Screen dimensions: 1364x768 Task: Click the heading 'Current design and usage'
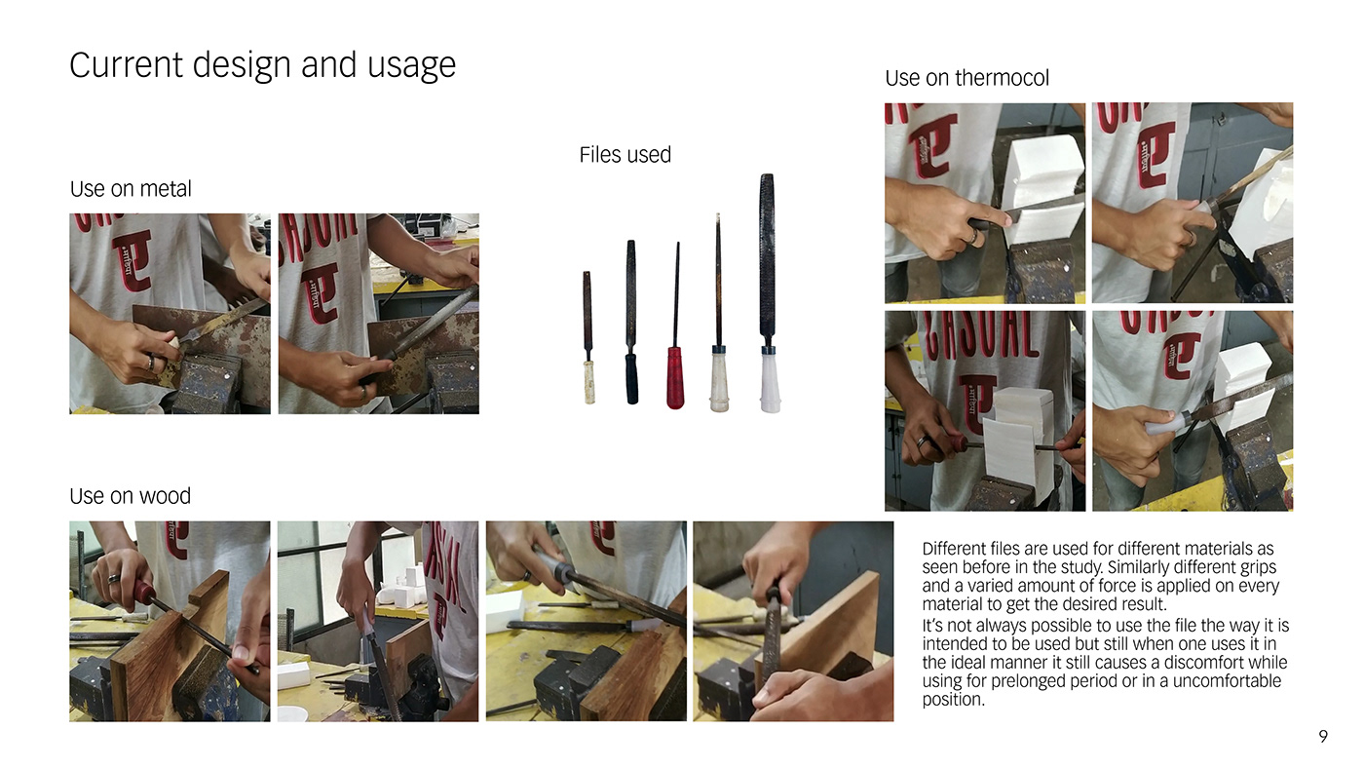pos(262,65)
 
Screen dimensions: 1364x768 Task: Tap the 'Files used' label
pos(625,155)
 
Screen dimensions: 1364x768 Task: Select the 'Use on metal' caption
pos(131,189)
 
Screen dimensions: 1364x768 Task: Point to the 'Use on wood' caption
pos(130,496)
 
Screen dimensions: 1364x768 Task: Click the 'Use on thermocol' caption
pos(966,78)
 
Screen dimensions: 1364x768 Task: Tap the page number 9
pos(1323,737)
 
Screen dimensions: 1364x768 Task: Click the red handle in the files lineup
pos(675,377)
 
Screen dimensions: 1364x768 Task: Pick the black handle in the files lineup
pos(632,377)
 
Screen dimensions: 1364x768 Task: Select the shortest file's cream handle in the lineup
pos(588,382)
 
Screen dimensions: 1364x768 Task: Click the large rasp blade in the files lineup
pos(767,255)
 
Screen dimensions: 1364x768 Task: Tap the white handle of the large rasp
pos(771,384)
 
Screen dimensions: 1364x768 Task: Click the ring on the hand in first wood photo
pos(114,579)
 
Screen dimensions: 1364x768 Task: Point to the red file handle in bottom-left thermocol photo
pos(958,442)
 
